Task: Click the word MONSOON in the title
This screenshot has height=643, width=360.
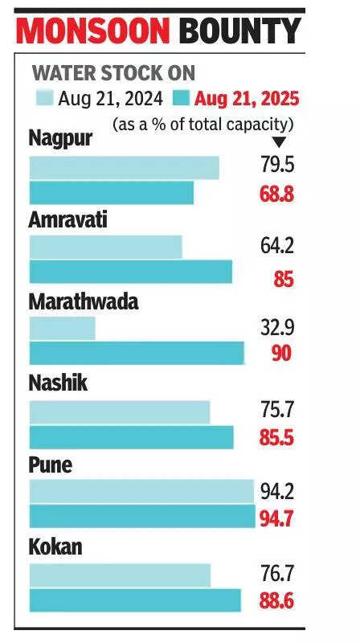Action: pos(93,32)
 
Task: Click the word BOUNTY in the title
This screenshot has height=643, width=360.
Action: pos(239,32)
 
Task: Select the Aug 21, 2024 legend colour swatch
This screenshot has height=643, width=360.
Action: pos(44,100)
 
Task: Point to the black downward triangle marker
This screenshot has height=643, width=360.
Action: pos(280,141)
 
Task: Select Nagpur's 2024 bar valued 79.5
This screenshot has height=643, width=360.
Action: pos(124,167)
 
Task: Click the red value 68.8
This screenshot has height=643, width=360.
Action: pos(276,194)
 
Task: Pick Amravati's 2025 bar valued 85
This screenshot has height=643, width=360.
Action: pos(130,272)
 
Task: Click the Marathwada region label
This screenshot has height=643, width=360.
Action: pos(84,302)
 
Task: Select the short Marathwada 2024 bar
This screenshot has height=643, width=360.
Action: pos(62,328)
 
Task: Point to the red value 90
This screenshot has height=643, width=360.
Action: pos(280,354)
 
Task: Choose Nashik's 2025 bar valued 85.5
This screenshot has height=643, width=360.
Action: pos(131,437)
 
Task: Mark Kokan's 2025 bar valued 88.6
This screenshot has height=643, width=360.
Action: pos(134,600)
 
